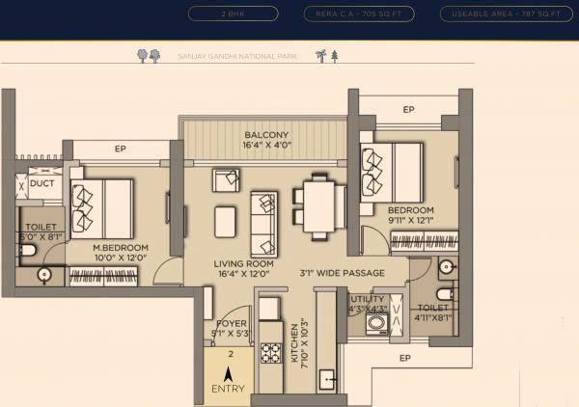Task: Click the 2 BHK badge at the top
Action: [x=234, y=14]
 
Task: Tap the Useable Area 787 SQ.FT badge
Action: [x=501, y=14]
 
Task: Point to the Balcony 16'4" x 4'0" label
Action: [x=265, y=140]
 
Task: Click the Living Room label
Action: [x=243, y=268]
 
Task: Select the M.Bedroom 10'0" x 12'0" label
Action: [x=120, y=253]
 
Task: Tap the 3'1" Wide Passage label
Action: [x=342, y=273]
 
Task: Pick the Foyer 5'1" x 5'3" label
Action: [x=232, y=329]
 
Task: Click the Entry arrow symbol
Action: [x=229, y=373]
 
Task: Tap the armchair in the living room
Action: [x=227, y=180]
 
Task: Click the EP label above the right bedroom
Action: [x=408, y=110]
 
